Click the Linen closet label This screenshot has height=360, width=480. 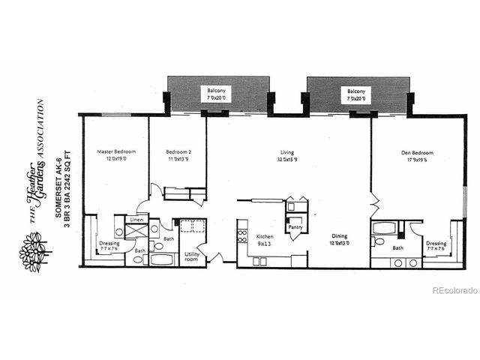click(136, 220)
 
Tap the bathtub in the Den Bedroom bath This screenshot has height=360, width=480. click(386, 227)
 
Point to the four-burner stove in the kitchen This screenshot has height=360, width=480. click(242, 237)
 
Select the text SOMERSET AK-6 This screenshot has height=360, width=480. click(58, 186)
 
